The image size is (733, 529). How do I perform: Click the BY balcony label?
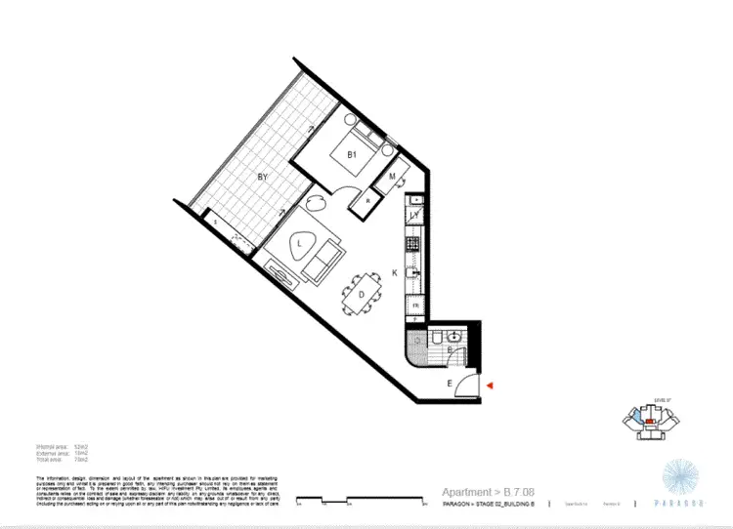[262, 178]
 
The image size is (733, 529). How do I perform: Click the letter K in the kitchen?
[395, 273]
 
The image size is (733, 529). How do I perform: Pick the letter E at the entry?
[450, 385]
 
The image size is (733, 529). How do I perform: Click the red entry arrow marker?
[492, 387]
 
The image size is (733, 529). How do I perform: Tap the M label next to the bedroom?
[392, 177]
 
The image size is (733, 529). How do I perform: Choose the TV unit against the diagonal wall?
[281, 274]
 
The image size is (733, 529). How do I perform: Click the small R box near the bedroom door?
[367, 201]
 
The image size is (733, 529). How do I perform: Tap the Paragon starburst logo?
[680, 477]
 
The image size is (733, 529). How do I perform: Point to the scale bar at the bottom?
[352, 502]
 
